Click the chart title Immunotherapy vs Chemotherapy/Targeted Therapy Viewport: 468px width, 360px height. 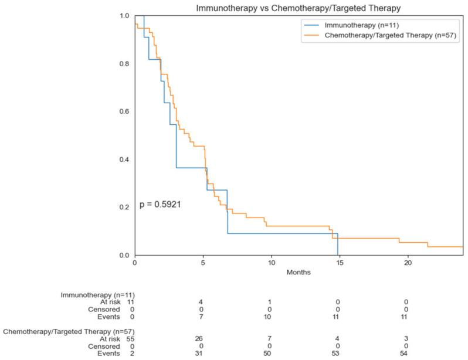[x=299, y=6]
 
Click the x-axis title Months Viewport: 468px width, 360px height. [x=299, y=272]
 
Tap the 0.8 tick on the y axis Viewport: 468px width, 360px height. [x=124, y=63]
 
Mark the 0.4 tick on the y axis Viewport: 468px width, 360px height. [x=124, y=159]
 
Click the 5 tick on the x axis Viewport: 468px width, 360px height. [x=203, y=263]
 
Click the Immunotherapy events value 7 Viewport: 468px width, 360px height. [x=202, y=317]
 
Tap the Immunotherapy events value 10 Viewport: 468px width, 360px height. [x=270, y=317]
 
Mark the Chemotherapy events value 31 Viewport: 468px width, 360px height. [x=202, y=355]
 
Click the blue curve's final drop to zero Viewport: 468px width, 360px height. [x=338, y=244]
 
